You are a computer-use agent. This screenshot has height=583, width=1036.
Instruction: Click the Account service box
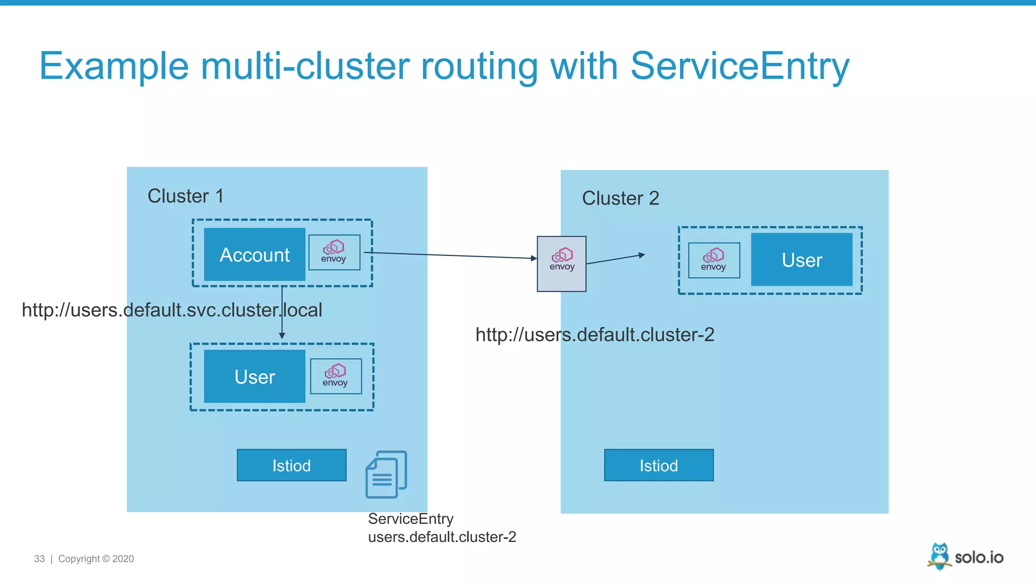click(254, 255)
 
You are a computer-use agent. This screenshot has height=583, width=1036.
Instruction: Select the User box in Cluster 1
click(254, 377)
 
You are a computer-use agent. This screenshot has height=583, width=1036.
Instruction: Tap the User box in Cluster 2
click(801, 260)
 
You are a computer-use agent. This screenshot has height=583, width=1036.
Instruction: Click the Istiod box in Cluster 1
click(291, 465)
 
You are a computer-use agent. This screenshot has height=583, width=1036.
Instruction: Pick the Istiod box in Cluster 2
click(659, 465)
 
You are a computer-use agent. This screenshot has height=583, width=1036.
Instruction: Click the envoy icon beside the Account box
click(334, 252)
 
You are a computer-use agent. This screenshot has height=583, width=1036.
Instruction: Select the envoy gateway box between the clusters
click(562, 264)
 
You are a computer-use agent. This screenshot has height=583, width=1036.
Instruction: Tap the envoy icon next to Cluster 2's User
click(714, 260)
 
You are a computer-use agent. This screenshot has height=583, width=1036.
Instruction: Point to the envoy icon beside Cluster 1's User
click(335, 376)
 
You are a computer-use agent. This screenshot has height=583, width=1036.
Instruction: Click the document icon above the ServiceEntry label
click(386, 475)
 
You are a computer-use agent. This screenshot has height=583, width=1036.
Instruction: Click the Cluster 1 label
click(185, 196)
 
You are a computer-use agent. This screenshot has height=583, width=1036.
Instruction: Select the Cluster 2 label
click(620, 198)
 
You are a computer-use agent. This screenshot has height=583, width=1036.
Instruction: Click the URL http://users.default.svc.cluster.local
click(171, 310)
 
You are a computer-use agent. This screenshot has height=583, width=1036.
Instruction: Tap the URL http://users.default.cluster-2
click(594, 335)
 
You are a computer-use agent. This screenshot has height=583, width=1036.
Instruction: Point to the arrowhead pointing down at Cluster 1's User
click(282, 336)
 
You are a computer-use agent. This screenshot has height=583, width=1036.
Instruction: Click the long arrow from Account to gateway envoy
click(450, 256)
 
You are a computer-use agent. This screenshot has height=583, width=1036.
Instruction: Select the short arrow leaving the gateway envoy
click(615, 259)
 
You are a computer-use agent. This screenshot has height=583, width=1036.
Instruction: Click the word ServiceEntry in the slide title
click(739, 66)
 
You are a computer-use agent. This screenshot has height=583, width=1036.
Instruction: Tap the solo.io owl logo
click(939, 556)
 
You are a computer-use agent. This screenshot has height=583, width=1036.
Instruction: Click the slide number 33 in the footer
click(39, 559)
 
